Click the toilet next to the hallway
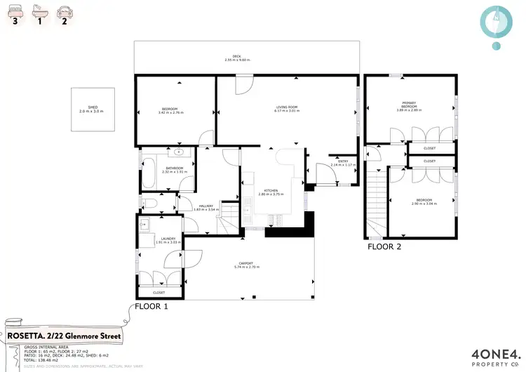(x=149, y=204)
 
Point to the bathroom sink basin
(x=180, y=151)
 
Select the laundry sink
(x=144, y=225)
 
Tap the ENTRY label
(x=342, y=161)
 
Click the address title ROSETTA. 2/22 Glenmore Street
(x=64, y=336)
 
